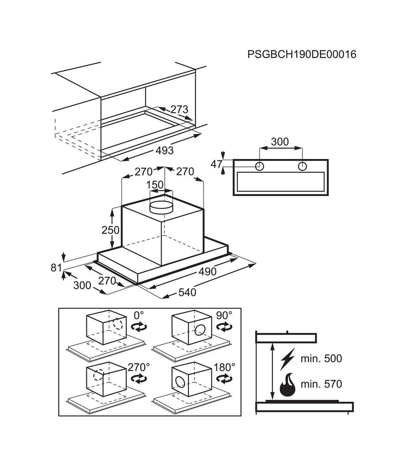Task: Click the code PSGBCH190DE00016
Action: [x=302, y=55]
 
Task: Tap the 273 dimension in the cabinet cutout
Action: [x=180, y=110]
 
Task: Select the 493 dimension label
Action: [x=165, y=150]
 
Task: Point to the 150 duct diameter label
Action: [x=155, y=185]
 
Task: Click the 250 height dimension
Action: [x=111, y=230]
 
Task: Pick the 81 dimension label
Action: [x=56, y=268]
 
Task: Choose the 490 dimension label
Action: [x=207, y=271]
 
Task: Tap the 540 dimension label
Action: [x=187, y=292]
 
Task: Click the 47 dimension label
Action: [x=216, y=164]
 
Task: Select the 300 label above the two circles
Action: [x=280, y=142]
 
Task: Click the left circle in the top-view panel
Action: [x=259, y=166]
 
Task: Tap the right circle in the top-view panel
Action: [x=302, y=166]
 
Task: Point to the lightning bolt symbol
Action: [x=288, y=359]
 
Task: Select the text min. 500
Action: [x=321, y=358]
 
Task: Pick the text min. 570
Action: [x=321, y=384]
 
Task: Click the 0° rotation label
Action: [x=139, y=315]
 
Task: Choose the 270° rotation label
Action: [x=139, y=367]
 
